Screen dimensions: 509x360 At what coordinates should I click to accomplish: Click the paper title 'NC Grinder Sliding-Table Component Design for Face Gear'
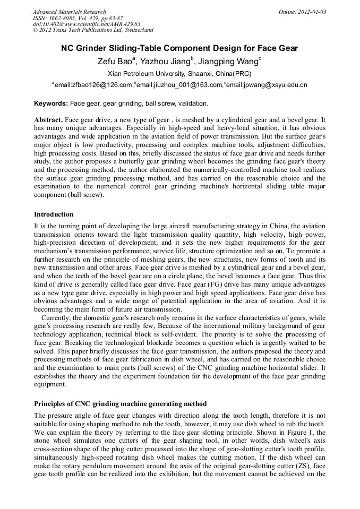[x=179, y=48]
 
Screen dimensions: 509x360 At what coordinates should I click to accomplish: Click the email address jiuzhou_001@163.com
[x=180, y=85]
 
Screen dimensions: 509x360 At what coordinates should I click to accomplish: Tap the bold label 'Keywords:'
[x=51, y=103]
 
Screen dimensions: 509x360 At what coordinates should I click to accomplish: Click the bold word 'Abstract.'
[x=49, y=120]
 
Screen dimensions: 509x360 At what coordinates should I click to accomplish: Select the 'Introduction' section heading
[x=54, y=214]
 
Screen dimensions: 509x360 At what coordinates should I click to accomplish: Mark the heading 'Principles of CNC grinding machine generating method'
[x=120, y=404]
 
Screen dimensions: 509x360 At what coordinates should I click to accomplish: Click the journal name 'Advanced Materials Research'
[x=69, y=12]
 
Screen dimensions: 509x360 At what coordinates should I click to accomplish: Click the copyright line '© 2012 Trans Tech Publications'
[x=93, y=30]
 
